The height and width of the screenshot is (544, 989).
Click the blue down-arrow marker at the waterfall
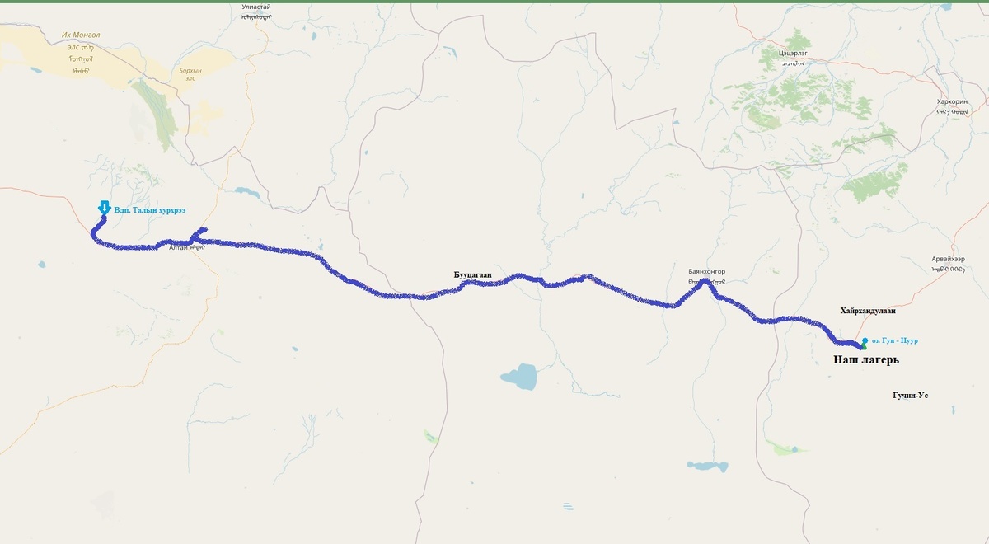point(103,208)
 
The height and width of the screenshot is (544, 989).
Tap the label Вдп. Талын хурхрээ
point(149,210)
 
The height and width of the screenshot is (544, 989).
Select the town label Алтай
point(179,247)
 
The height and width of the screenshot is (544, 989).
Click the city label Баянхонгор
point(706,271)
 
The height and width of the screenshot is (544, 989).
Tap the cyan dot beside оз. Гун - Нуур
point(865,340)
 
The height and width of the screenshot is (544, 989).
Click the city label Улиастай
point(255,7)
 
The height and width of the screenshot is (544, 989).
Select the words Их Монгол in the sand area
point(81,35)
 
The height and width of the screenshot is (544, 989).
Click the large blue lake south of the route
point(518,378)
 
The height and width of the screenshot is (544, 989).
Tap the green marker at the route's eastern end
point(863,347)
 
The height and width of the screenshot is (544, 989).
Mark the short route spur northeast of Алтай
point(200,234)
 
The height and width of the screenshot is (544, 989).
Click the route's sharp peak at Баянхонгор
point(705,282)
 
